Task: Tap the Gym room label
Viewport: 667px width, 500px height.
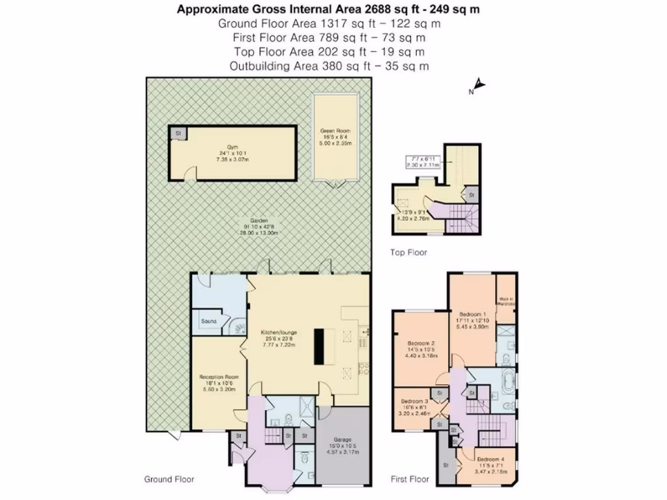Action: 225,147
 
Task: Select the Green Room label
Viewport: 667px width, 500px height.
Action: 337,139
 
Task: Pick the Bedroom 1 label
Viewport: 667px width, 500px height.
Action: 472,312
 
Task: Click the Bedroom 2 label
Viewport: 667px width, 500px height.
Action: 421,343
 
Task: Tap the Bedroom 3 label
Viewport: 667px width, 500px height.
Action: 414,401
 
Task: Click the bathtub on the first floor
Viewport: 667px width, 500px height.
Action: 507,380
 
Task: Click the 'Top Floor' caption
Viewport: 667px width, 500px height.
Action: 408,253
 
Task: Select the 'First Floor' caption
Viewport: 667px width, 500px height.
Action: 410,479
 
